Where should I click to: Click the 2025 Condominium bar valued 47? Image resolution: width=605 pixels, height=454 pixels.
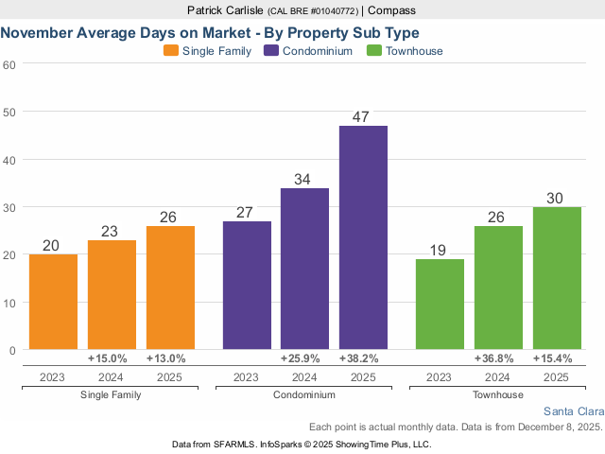click(x=363, y=237)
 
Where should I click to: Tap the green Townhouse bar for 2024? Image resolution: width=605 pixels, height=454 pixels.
click(x=497, y=288)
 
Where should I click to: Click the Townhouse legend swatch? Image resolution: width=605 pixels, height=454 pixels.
click(x=373, y=51)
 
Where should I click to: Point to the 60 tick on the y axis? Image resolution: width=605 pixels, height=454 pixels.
click(x=9, y=64)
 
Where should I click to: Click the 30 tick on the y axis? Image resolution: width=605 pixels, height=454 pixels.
click(x=9, y=207)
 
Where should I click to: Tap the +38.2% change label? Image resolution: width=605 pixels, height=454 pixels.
click(x=363, y=358)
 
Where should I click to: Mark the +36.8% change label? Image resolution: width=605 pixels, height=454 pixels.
click(x=497, y=358)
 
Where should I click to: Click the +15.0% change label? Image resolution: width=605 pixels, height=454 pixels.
click(x=112, y=358)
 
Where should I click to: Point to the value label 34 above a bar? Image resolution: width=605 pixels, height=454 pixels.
click(x=304, y=179)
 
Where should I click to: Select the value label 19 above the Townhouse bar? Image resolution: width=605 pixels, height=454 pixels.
click(x=440, y=250)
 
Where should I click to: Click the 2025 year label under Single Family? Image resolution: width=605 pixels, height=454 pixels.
click(x=170, y=376)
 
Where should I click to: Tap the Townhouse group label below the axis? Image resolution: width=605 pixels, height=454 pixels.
click(x=497, y=394)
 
